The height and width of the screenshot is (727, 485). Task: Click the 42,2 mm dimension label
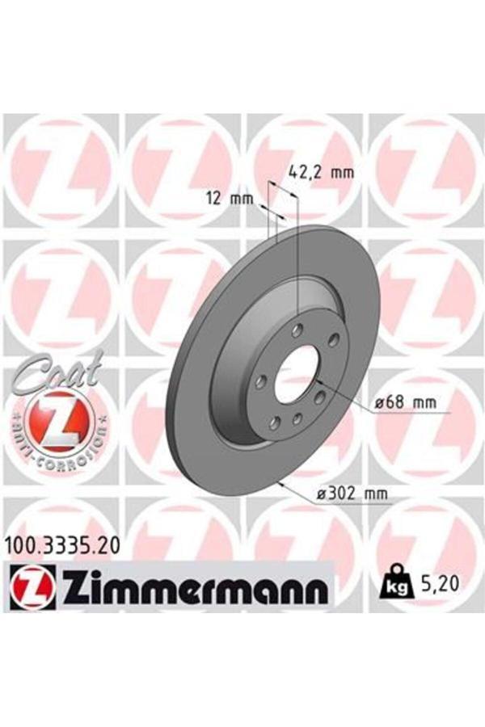pos(321,171)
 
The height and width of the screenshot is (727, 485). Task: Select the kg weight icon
pos(390,582)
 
